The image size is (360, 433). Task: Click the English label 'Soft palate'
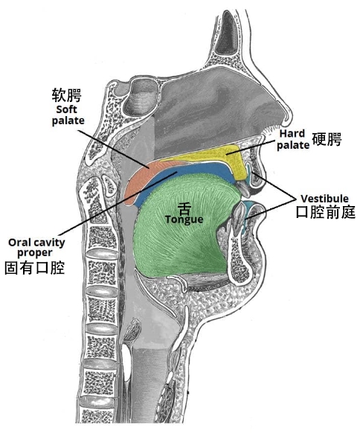68,115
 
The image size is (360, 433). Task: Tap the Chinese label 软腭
67,95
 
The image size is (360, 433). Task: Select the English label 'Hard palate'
293,139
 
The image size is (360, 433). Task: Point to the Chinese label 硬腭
327,139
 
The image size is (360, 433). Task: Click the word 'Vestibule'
324,199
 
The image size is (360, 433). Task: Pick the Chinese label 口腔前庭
326,212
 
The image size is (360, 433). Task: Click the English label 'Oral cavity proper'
36,248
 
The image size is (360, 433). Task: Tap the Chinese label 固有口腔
35,268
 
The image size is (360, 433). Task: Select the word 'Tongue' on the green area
184,219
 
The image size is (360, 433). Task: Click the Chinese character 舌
184,209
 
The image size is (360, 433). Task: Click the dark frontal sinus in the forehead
227,33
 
